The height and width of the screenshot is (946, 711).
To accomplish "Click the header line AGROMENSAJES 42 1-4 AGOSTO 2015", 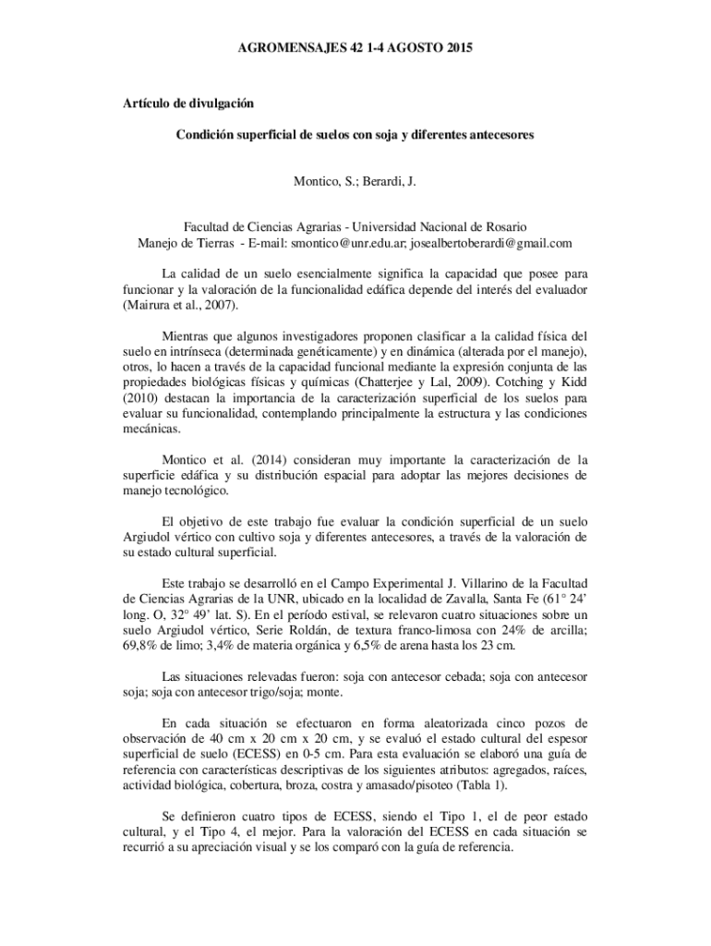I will click(x=355, y=46).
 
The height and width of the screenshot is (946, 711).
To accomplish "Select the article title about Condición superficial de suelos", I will click(x=355, y=135).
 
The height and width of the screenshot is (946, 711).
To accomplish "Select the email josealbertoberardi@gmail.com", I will click(x=490, y=244).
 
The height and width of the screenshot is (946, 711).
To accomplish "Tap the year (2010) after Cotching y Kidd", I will click(x=142, y=398).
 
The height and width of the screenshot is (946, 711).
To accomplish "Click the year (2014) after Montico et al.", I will click(x=257, y=460).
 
